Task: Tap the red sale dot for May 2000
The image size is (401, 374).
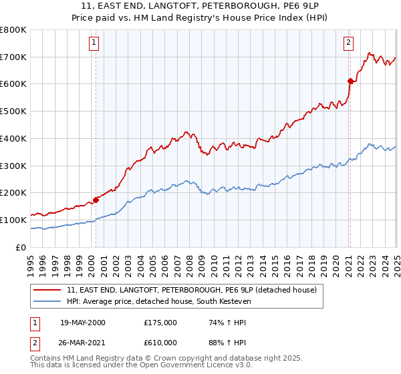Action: click(96, 199)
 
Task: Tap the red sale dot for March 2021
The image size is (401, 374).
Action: click(350, 81)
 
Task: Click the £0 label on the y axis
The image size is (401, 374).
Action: click(21, 247)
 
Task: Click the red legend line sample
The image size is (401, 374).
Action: click(47, 289)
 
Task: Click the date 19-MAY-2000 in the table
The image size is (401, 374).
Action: click(82, 323)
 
